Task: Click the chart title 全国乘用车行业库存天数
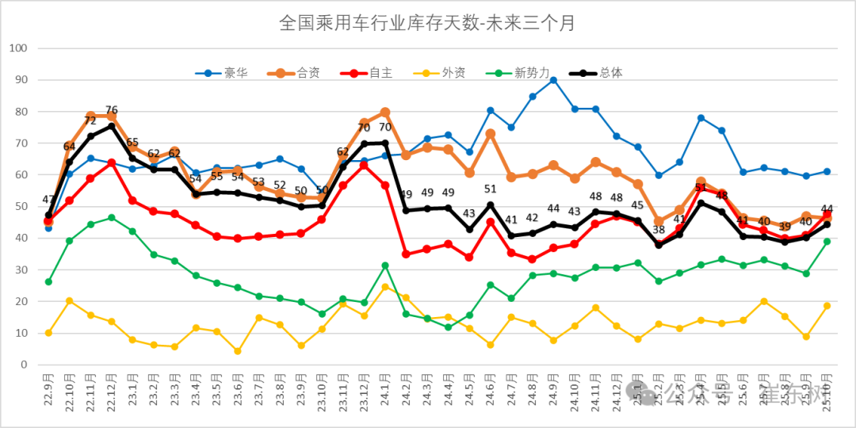427,23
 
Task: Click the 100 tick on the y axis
17,48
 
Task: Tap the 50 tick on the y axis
21,207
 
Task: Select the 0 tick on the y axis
24,365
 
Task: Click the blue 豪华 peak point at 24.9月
553,80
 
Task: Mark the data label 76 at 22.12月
112,110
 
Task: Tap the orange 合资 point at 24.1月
385,113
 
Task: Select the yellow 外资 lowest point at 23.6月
237,351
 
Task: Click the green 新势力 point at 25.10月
827,242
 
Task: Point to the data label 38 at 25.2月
659,231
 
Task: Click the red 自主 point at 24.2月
406,254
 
